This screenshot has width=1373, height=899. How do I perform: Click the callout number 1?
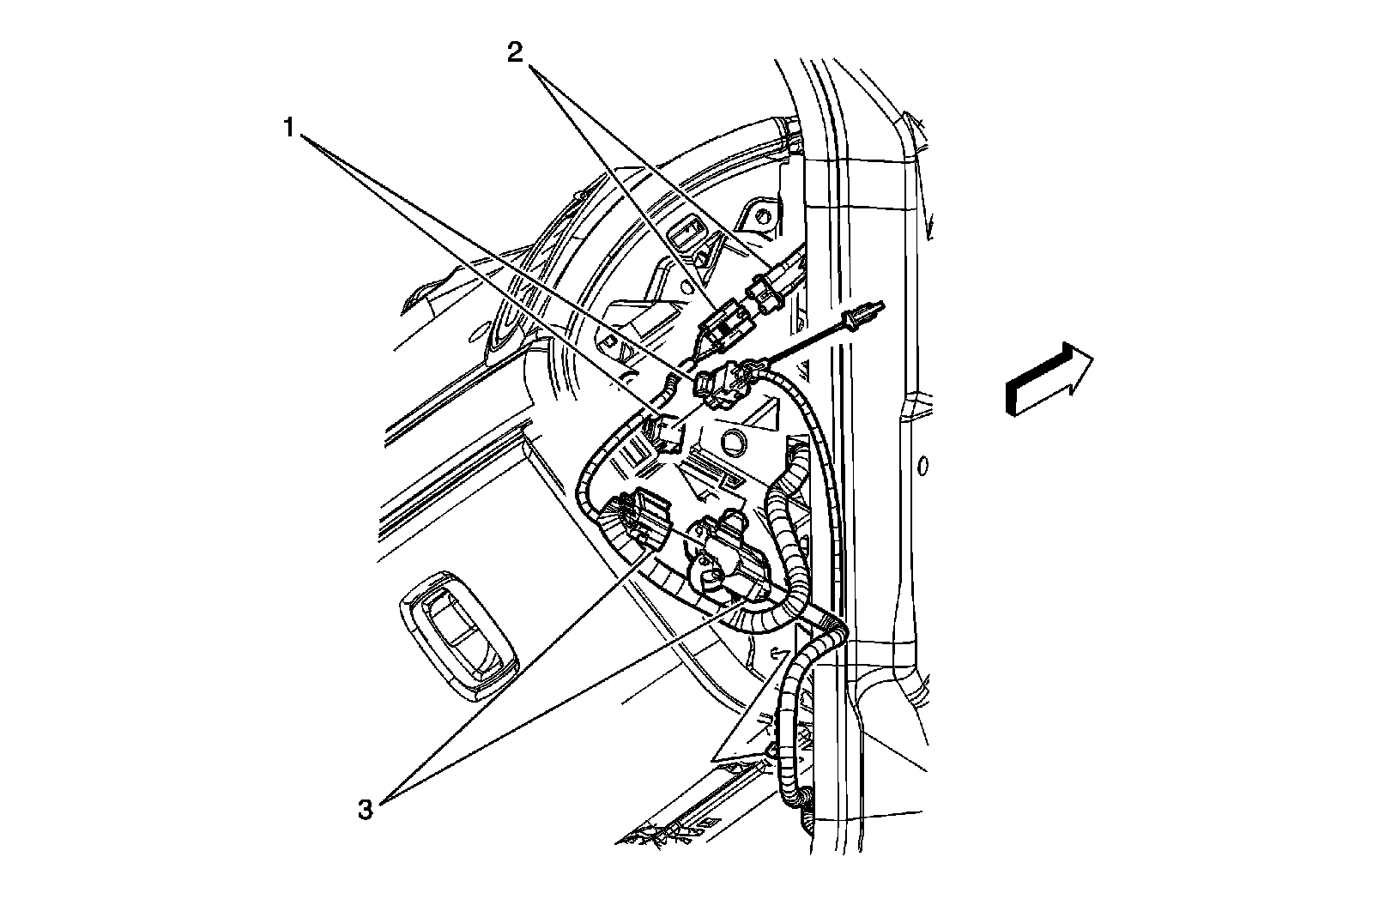tap(290, 129)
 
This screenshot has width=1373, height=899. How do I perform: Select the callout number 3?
tap(366, 809)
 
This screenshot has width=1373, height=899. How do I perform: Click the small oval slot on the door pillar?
tap(922, 467)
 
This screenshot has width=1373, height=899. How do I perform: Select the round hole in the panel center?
tap(735, 443)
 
